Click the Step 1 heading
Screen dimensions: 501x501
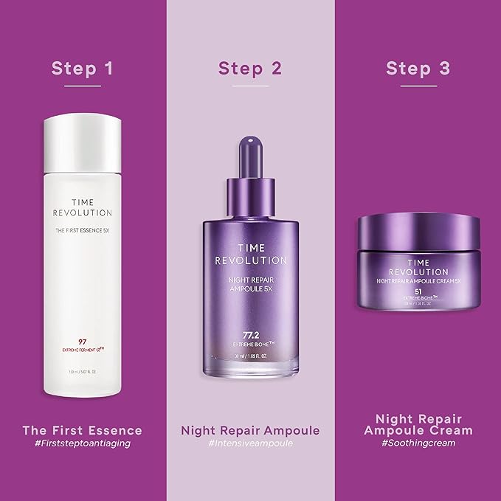(83, 69)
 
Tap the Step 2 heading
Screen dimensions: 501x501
(250, 69)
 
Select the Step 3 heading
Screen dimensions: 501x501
(418, 69)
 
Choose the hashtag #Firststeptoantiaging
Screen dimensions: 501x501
(83, 443)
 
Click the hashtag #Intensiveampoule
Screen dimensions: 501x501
(250, 443)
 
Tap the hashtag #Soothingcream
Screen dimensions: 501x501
(418, 443)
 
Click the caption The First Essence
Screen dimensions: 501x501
(83, 429)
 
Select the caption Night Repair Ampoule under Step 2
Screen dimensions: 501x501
(250, 429)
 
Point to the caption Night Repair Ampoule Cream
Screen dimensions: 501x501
(418, 423)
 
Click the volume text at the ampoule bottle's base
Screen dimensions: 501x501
(250, 358)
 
